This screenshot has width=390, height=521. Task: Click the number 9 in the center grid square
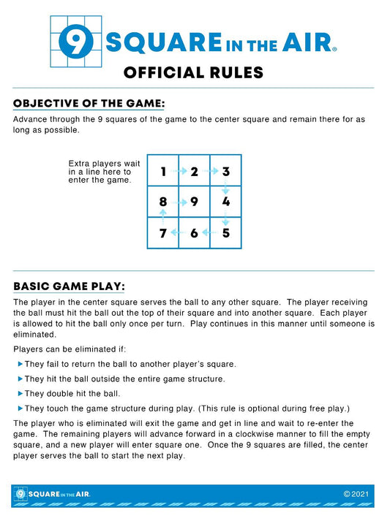coord(194,202)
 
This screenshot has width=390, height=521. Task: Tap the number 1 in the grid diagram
coord(164,172)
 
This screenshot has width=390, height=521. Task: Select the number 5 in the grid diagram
coord(225,233)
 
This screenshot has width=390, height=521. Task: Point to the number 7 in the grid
coord(162,233)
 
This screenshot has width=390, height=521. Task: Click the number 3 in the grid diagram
coord(226,172)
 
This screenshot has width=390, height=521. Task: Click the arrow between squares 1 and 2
coord(179,172)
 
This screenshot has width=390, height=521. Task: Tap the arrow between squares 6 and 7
coord(178,233)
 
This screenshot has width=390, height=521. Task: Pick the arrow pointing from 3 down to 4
coord(225,187)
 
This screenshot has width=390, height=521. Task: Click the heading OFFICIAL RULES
coord(193,72)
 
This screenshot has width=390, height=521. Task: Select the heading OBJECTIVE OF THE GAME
coord(89,103)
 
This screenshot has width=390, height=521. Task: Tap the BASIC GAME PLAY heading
coord(69,285)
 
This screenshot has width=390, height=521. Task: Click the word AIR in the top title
coord(312,42)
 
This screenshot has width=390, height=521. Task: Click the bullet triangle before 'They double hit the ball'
coord(20,394)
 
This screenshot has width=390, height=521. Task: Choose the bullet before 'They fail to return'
coord(20,364)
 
